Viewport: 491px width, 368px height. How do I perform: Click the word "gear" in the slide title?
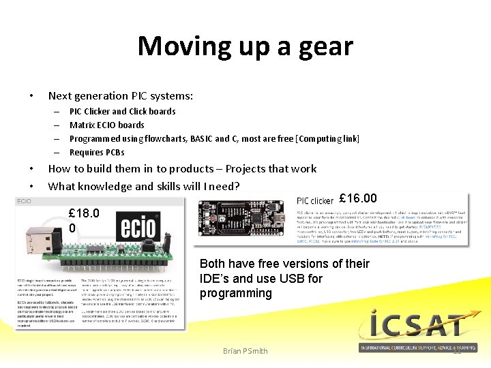(x=325, y=47)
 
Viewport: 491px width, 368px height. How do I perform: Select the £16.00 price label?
(x=358, y=198)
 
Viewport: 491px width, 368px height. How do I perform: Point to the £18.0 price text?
(x=84, y=213)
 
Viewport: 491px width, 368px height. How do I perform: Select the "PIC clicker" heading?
(x=316, y=200)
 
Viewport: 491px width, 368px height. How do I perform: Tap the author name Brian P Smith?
(x=245, y=352)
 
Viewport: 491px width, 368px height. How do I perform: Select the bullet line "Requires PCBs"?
(x=97, y=152)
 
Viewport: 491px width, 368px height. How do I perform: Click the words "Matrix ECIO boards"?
(x=107, y=125)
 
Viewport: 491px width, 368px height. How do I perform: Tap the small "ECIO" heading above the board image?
(x=25, y=201)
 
